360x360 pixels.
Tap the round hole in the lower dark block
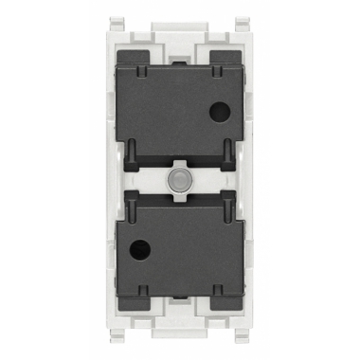[144, 253]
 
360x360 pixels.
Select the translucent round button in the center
[178, 179]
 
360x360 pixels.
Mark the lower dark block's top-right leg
[225, 208]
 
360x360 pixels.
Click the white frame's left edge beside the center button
[113, 180]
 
